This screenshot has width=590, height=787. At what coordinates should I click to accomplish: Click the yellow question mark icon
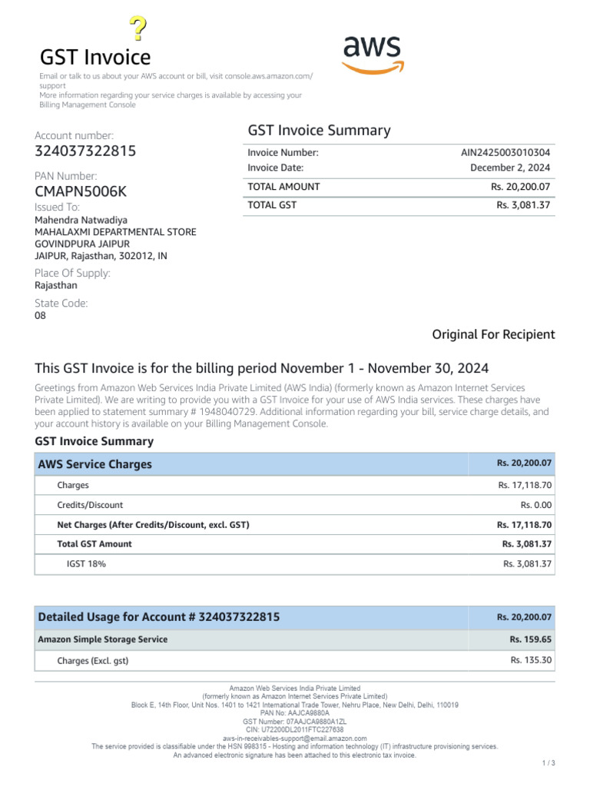(x=138, y=28)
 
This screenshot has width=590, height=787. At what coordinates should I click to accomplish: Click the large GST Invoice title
(x=95, y=57)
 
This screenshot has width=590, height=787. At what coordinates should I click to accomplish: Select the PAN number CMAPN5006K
(x=81, y=191)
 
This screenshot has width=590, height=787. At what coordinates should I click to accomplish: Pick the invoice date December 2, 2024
(x=510, y=168)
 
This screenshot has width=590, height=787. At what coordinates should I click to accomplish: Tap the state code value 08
(x=41, y=315)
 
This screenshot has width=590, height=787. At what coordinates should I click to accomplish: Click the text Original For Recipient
(x=493, y=334)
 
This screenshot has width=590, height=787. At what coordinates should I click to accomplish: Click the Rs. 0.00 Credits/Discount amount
(x=536, y=505)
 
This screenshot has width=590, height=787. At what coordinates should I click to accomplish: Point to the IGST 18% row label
(x=86, y=563)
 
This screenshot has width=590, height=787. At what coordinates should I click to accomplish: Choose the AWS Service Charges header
(x=95, y=464)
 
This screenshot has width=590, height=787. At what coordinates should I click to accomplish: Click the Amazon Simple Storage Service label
(x=103, y=639)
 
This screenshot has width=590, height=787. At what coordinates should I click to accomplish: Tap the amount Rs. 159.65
(x=531, y=639)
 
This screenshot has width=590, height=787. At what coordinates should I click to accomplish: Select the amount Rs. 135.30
(x=531, y=659)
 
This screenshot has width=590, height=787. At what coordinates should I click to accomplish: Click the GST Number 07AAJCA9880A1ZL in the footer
(x=295, y=722)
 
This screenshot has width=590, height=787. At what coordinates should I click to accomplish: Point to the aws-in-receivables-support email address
(x=295, y=738)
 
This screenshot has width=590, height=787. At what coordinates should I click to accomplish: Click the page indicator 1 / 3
(x=548, y=762)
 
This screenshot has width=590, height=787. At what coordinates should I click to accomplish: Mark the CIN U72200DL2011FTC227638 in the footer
(x=295, y=729)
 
